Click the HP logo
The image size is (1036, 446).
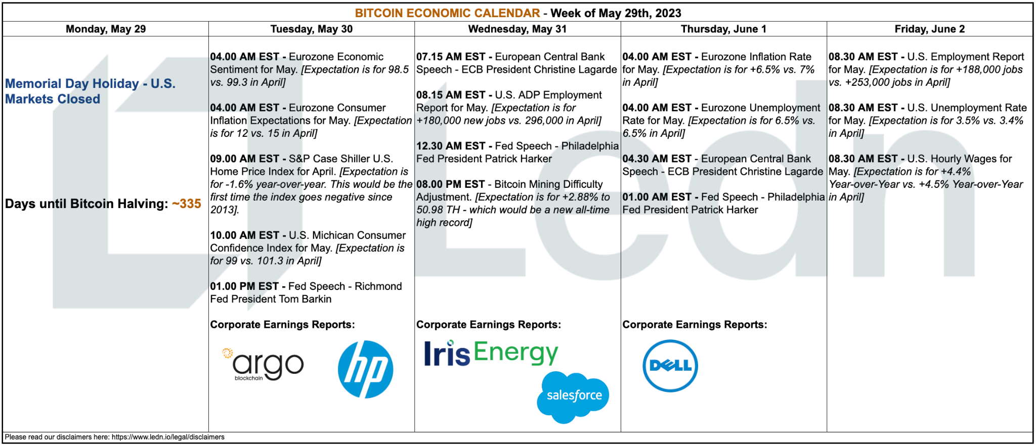coord(365,369)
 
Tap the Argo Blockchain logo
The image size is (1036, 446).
coord(263,364)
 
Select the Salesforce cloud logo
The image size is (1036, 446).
coord(573,397)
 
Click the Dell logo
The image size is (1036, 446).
coord(670,366)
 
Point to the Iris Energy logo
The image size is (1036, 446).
coord(491,353)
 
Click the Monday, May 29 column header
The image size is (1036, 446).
coord(106,29)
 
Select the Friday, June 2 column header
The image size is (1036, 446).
coord(930,29)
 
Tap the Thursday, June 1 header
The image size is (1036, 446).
coord(723,29)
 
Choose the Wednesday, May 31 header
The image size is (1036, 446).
coord(517,29)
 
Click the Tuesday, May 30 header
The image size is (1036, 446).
coord(312,29)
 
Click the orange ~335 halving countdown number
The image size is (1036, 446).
coord(187,204)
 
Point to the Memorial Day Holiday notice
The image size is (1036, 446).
coord(90,91)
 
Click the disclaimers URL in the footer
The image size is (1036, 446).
coord(168,437)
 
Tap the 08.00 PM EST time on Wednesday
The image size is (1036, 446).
coord(451,184)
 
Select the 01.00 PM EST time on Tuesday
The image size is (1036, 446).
coord(244,286)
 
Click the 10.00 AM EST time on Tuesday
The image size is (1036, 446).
coord(245,235)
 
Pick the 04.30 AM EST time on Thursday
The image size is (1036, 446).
coord(657,159)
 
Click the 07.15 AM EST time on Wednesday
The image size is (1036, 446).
coord(451,57)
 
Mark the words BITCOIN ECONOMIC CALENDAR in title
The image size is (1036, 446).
coord(448,13)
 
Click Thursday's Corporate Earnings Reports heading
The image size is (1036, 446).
coord(695,325)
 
